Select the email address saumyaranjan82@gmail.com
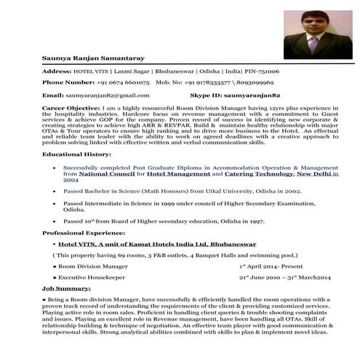coord(107,95)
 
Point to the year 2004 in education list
coord(71,181)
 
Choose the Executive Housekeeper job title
coord(92,279)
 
